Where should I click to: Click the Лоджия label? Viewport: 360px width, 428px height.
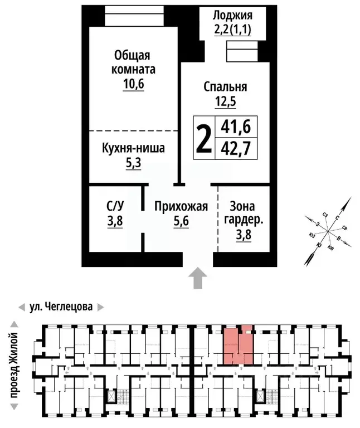233,16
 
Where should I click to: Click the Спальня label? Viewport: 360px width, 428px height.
225,87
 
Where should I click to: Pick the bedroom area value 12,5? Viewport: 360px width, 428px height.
225,101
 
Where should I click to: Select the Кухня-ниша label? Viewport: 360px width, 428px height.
133,149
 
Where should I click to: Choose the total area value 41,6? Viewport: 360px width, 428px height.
235,127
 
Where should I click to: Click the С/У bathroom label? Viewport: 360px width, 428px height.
115,207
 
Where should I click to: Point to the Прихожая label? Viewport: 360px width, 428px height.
181,207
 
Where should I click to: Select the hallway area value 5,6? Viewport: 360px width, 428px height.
181,221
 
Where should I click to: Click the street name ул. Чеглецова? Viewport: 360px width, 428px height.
61,307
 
